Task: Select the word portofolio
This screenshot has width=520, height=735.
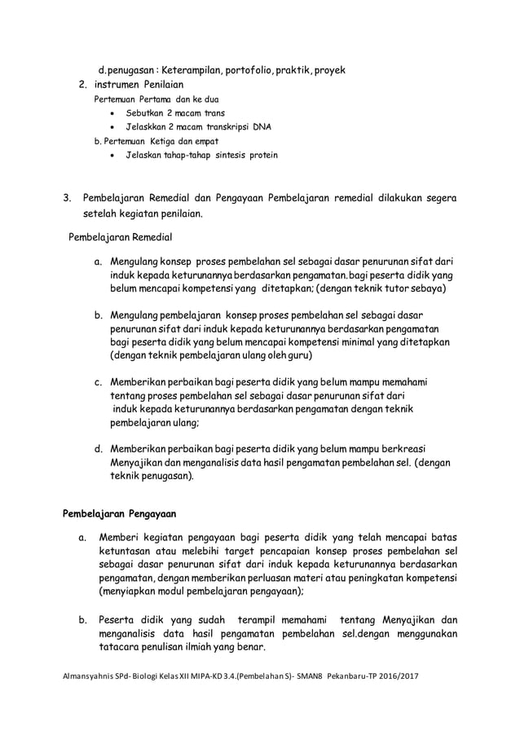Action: click(x=250, y=69)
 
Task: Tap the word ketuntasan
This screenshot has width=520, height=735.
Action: click(x=129, y=551)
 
